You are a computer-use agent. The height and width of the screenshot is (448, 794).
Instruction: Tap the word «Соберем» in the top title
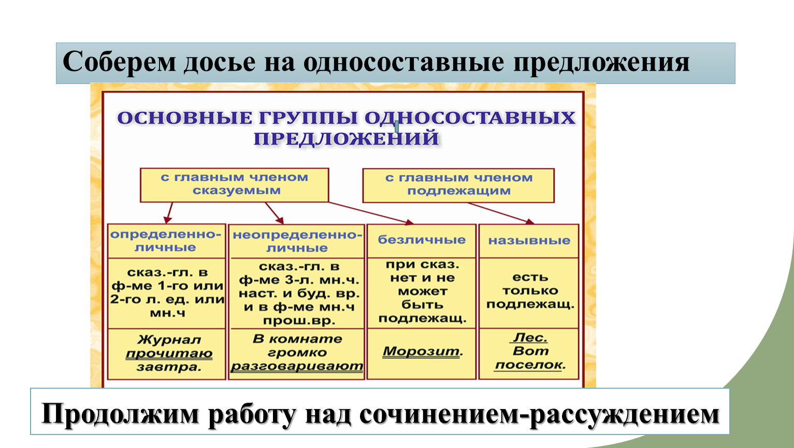[x=119, y=62]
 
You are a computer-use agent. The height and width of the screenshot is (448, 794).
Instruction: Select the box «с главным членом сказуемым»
[x=234, y=185]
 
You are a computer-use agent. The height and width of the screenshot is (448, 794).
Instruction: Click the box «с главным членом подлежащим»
[x=458, y=185]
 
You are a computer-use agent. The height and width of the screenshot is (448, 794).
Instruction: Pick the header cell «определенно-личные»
[x=166, y=241]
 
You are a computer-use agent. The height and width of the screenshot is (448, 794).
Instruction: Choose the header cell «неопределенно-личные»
[x=297, y=242]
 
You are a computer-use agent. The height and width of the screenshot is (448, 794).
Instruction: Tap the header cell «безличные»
[x=422, y=241]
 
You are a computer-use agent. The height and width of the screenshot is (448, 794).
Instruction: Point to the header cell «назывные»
[x=529, y=241]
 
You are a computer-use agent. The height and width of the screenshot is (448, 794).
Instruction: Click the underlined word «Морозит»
[x=421, y=352]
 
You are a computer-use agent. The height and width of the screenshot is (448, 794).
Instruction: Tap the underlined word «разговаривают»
[x=297, y=367]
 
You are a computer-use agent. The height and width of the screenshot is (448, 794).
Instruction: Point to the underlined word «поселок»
[x=528, y=365]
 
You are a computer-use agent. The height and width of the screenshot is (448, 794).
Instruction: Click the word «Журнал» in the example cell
[x=169, y=340]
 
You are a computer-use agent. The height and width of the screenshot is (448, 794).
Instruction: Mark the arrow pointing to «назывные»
[x=501, y=213]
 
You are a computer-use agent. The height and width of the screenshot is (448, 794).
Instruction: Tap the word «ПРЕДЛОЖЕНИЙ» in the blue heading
[x=347, y=138]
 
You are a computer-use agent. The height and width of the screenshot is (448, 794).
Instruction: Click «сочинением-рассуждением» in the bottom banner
[x=539, y=414]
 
